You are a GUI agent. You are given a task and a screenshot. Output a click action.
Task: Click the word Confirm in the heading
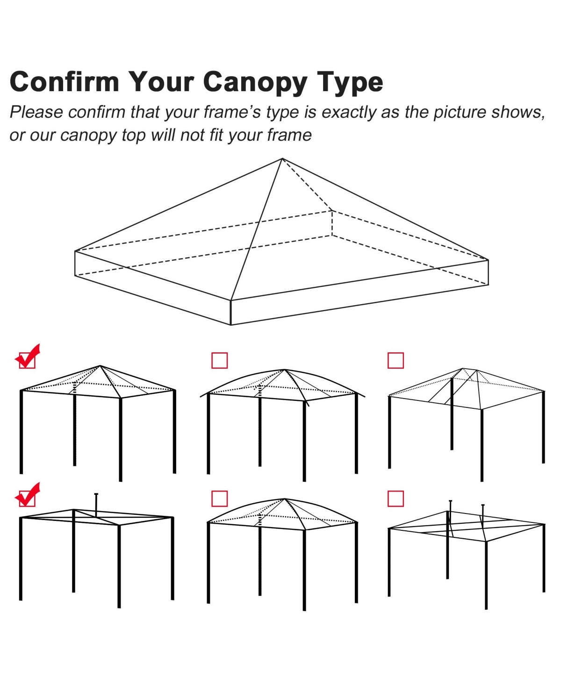point(65,82)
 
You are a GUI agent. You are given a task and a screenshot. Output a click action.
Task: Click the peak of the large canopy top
point(282,159)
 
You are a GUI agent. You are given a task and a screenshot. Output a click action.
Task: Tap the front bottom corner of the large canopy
point(231,324)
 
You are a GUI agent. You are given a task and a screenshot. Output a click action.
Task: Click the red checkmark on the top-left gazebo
point(28,357)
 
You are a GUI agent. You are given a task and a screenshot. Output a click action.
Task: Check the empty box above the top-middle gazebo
point(220,360)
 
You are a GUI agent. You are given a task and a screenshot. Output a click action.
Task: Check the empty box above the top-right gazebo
point(396,360)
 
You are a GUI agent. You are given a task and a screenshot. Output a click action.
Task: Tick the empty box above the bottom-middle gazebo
point(220,499)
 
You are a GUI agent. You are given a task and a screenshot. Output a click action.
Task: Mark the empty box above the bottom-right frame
point(396,499)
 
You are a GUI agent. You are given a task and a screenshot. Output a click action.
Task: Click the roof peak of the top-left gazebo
point(100,366)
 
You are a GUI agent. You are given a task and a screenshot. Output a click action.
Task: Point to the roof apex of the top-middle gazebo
point(284,370)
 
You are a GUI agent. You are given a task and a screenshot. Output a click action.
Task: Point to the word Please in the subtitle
point(36,113)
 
